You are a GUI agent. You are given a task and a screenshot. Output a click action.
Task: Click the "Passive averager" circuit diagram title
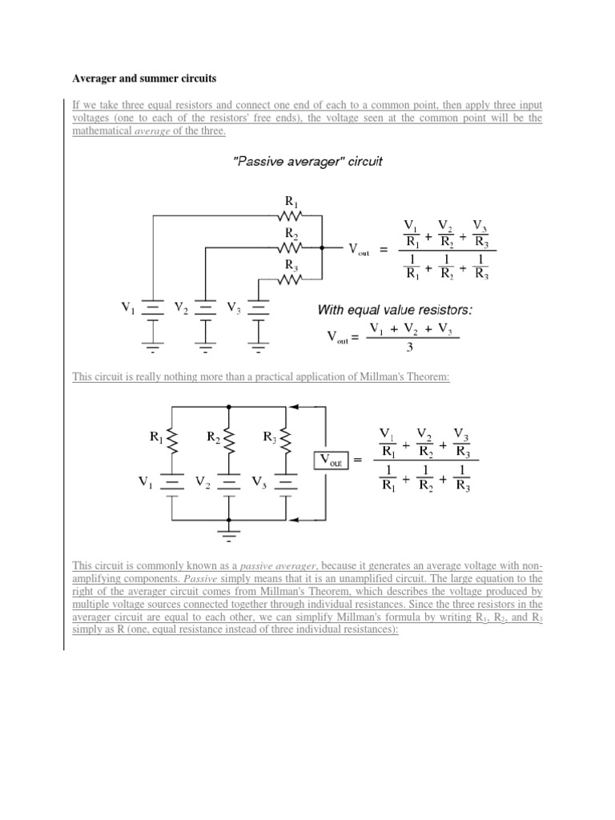tap(307, 161)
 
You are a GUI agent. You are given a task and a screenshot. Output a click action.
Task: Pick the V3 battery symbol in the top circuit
tap(259, 308)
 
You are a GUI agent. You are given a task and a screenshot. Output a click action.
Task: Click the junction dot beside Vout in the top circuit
tap(321, 248)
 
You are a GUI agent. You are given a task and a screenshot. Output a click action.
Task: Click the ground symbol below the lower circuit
tap(230, 533)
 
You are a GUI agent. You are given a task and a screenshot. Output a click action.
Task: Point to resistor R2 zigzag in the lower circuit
tap(230, 439)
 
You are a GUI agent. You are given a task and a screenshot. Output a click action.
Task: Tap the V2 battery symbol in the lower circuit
tap(230, 483)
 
